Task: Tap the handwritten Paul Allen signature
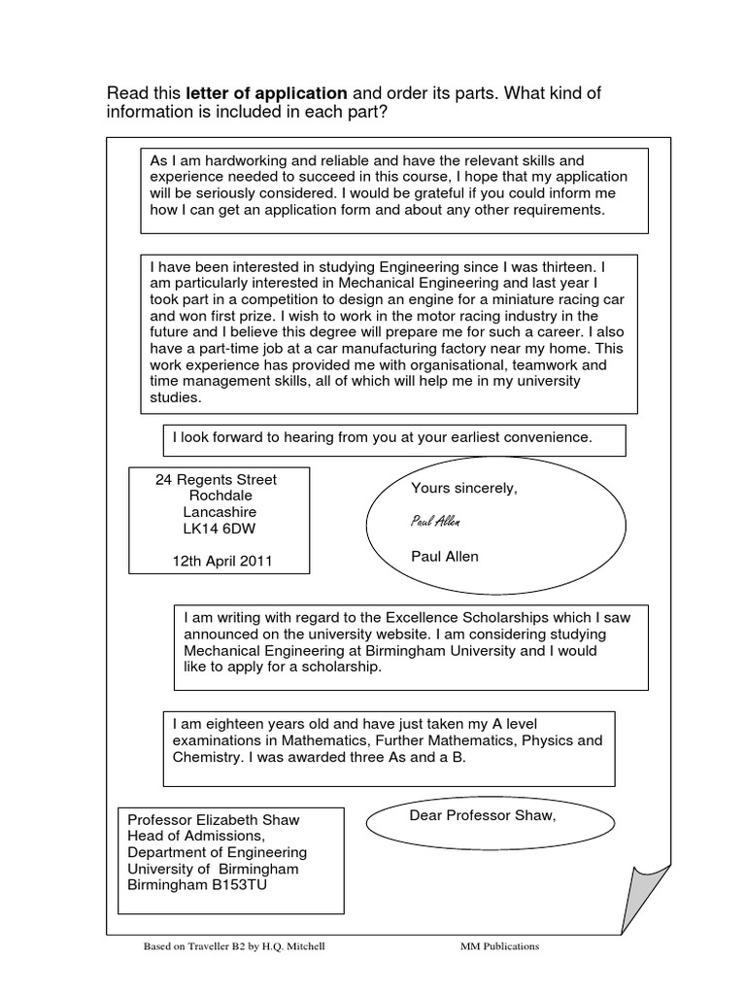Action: click(x=435, y=522)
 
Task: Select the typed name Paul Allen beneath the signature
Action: click(x=445, y=557)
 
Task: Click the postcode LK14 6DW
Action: click(x=220, y=528)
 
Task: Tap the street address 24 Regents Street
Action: click(x=217, y=479)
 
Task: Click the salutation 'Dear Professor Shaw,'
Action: click(x=483, y=814)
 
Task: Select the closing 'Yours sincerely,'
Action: click(x=464, y=488)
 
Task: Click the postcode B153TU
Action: click(x=262, y=885)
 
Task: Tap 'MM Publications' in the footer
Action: click(x=499, y=945)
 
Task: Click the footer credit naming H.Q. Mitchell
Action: click(x=233, y=945)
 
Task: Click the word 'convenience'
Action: click(x=552, y=437)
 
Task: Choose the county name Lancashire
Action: click(x=220, y=512)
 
